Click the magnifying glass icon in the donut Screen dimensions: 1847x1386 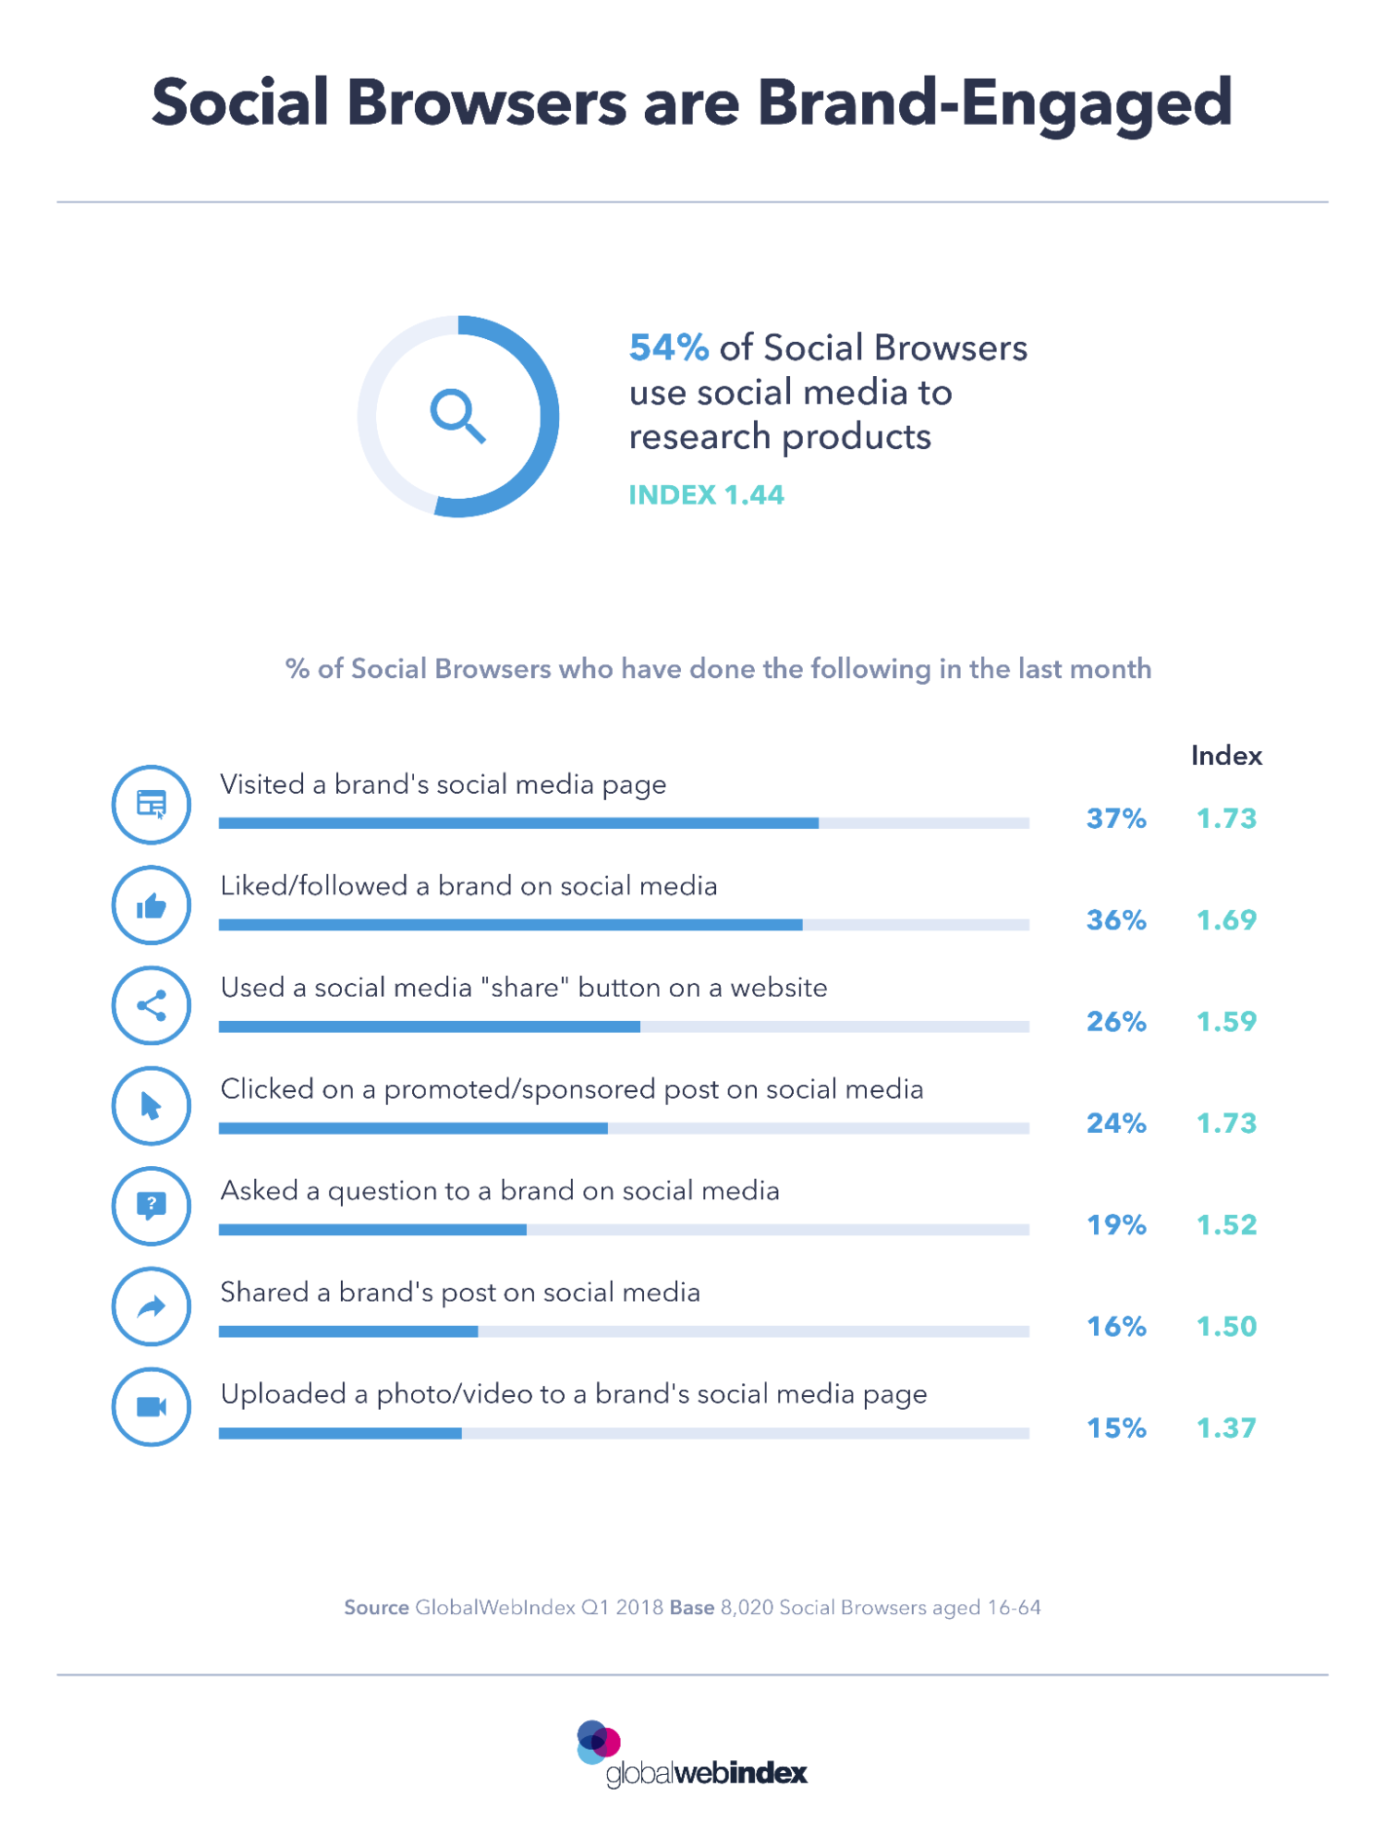457,416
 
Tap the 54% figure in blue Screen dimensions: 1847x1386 669,348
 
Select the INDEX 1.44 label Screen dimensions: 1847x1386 706,495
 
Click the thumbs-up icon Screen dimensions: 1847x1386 152,906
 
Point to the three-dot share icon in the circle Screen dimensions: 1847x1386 152,1006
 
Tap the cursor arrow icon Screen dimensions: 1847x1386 152,1106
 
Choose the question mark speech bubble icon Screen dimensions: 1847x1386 152,1205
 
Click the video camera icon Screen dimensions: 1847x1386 152,1406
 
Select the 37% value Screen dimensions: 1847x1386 1116,819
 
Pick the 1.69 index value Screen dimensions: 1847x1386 1226,920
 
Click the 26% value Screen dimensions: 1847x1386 1116,1022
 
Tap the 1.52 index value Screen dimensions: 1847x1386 1226,1225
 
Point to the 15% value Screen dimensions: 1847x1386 1116,1428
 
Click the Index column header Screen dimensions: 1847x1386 1226,756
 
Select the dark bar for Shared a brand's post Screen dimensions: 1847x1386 348,1331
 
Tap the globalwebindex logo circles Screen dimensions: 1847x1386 598,1742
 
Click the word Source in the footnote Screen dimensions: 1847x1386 376,1608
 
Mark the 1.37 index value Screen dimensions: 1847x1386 1226,1428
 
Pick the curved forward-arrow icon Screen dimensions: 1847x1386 152,1306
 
